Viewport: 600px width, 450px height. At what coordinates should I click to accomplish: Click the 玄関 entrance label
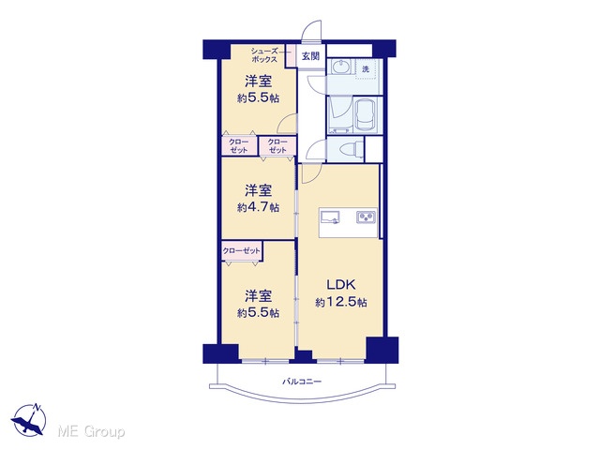click(x=310, y=56)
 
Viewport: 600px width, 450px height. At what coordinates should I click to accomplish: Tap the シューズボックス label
click(x=263, y=55)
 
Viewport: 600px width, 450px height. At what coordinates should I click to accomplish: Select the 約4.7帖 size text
click(x=258, y=208)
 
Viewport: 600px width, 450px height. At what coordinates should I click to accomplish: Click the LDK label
click(x=341, y=284)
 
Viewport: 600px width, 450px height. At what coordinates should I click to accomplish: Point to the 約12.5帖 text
click(x=341, y=302)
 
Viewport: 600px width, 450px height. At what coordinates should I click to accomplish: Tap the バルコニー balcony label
click(x=302, y=382)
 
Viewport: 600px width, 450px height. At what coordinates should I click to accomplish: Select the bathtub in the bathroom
click(x=365, y=114)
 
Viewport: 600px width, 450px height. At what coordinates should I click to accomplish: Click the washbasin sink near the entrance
click(x=340, y=67)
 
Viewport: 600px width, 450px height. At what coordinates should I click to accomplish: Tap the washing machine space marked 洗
click(x=367, y=69)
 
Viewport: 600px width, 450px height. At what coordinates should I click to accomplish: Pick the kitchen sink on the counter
click(x=330, y=217)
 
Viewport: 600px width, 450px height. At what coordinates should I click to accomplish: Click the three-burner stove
click(x=367, y=217)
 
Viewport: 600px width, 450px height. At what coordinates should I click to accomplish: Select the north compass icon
click(x=30, y=420)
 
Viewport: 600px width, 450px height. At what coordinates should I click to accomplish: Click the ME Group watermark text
click(x=91, y=431)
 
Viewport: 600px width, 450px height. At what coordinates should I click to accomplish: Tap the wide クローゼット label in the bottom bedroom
click(x=241, y=251)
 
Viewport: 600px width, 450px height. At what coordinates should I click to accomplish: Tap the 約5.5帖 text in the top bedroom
click(x=258, y=98)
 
